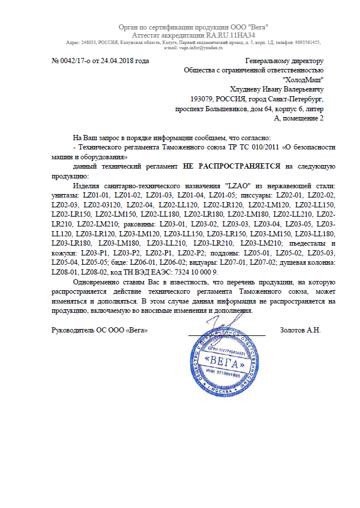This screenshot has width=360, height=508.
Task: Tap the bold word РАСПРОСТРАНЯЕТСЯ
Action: (241, 166)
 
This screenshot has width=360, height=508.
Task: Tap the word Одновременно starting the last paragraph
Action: (96, 282)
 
